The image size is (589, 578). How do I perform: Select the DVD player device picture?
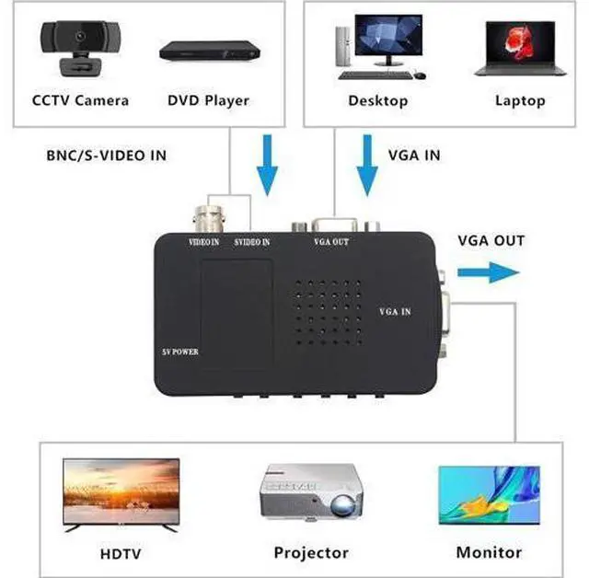207,51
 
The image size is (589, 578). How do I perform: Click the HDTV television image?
120,491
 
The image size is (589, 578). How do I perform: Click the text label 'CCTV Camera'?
80,100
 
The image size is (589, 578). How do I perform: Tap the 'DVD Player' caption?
208,100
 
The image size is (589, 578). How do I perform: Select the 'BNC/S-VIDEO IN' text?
106,156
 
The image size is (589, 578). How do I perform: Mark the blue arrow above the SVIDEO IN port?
267,164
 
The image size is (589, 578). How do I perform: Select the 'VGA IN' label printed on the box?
395,313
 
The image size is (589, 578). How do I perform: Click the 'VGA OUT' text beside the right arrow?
491,241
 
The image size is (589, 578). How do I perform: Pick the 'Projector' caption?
311,553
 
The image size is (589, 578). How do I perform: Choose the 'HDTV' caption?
121,554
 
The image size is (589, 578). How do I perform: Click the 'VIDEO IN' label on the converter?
203,242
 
